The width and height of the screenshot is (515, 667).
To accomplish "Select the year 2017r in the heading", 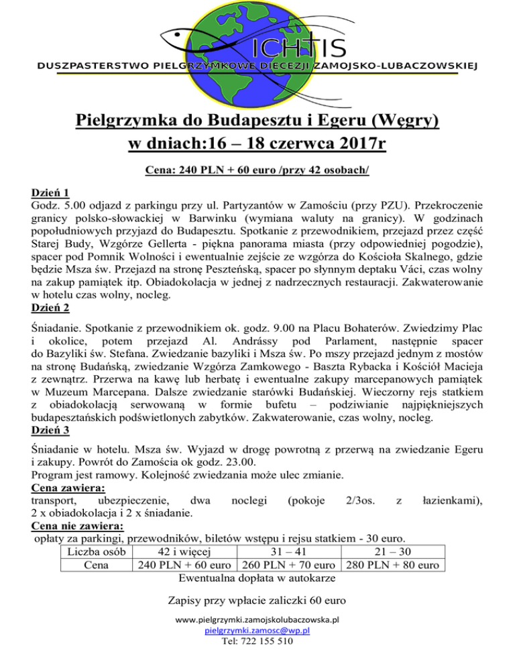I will click(355, 144).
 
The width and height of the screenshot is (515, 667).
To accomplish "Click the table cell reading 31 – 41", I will click(289, 552).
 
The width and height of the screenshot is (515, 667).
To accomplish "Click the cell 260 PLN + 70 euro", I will click(289, 565).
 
